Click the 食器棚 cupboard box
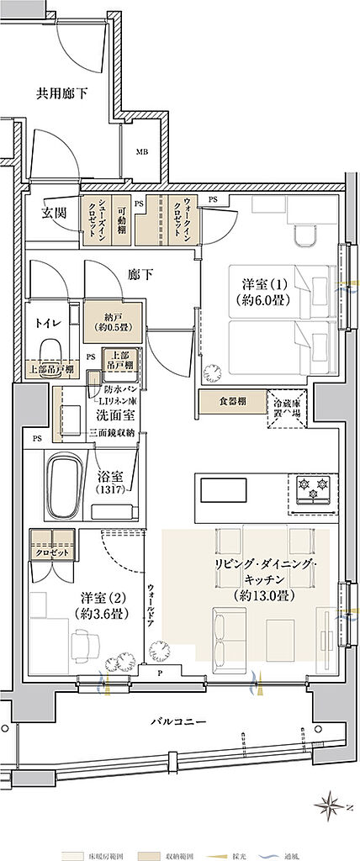[x=230, y=401]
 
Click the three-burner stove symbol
[x=313, y=489]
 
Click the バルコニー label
[x=180, y=721]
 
